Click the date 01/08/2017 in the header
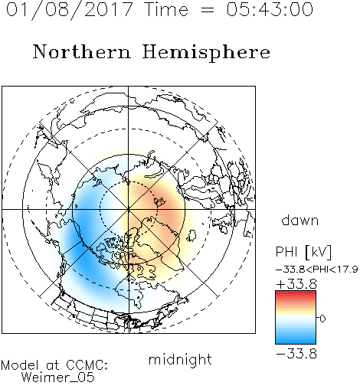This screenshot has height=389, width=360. pyautogui.click(x=70, y=9)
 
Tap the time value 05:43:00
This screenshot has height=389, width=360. pyautogui.click(x=270, y=9)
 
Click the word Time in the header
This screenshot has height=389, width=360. pyautogui.click(x=166, y=9)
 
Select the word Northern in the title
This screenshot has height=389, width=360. pyautogui.click(x=82, y=51)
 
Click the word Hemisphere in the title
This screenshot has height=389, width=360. pyautogui.click(x=206, y=53)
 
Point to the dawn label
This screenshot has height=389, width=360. pyautogui.click(x=300, y=220)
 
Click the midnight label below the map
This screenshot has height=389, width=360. pyautogui.click(x=180, y=359)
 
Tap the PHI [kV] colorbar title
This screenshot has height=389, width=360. pyautogui.click(x=303, y=252)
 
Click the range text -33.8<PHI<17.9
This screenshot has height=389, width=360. pyautogui.click(x=317, y=270)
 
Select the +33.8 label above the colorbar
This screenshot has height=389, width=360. pyautogui.click(x=296, y=284)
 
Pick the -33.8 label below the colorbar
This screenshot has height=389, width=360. pyautogui.click(x=296, y=354)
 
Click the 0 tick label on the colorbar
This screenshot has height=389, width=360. pyautogui.click(x=322, y=319)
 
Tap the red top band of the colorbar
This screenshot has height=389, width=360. pyautogui.click(x=296, y=293)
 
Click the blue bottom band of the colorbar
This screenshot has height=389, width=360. pyautogui.click(x=296, y=341)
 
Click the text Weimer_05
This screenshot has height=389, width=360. pyautogui.click(x=57, y=378)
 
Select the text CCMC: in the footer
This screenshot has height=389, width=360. pyautogui.click(x=87, y=365)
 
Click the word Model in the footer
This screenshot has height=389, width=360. pyautogui.click(x=20, y=365)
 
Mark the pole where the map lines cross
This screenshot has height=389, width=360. pyautogui.click(x=129, y=209)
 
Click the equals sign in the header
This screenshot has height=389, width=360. pyautogui.click(x=208, y=10)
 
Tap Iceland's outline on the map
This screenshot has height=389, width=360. pyautogui.click(x=191, y=235)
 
